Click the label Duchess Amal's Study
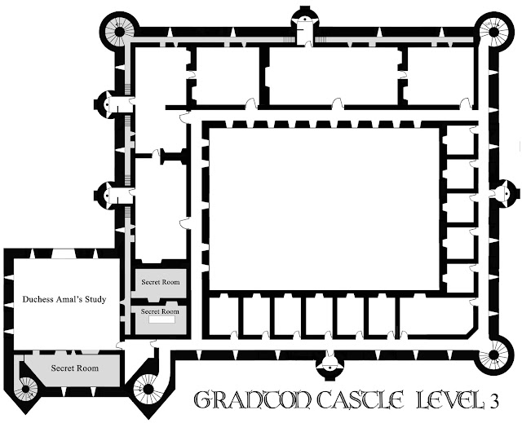[x=64, y=299]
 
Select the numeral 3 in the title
[x=494, y=402]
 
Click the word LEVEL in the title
[x=451, y=399]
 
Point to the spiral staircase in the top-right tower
[x=494, y=33]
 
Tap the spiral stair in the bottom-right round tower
[x=494, y=355]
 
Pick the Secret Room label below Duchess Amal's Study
[x=74, y=368]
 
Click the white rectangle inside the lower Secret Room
[x=161, y=319]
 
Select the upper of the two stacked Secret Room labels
[x=161, y=282]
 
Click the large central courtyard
[x=324, y=209]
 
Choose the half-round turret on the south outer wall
[x=330, y=365]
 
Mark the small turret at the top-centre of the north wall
[x=304, y=23]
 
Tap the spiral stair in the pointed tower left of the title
[x=148, y=389]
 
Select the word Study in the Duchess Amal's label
[x=95, y=299]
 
